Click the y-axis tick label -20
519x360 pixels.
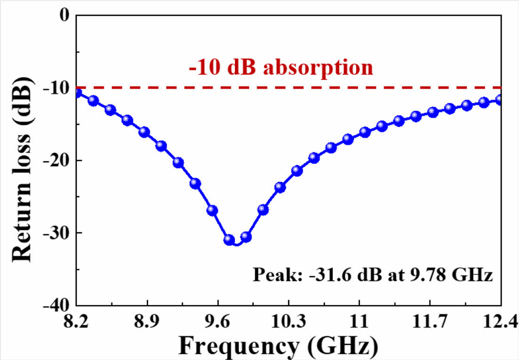point(56,160)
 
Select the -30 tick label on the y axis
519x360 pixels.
point(56,233)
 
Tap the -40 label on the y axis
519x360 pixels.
point(56,305)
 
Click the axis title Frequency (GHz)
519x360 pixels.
point(278,346)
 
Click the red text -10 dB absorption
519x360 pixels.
point(281,68)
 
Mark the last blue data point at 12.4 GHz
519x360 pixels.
point(500,100)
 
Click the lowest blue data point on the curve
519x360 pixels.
point(229,240)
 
